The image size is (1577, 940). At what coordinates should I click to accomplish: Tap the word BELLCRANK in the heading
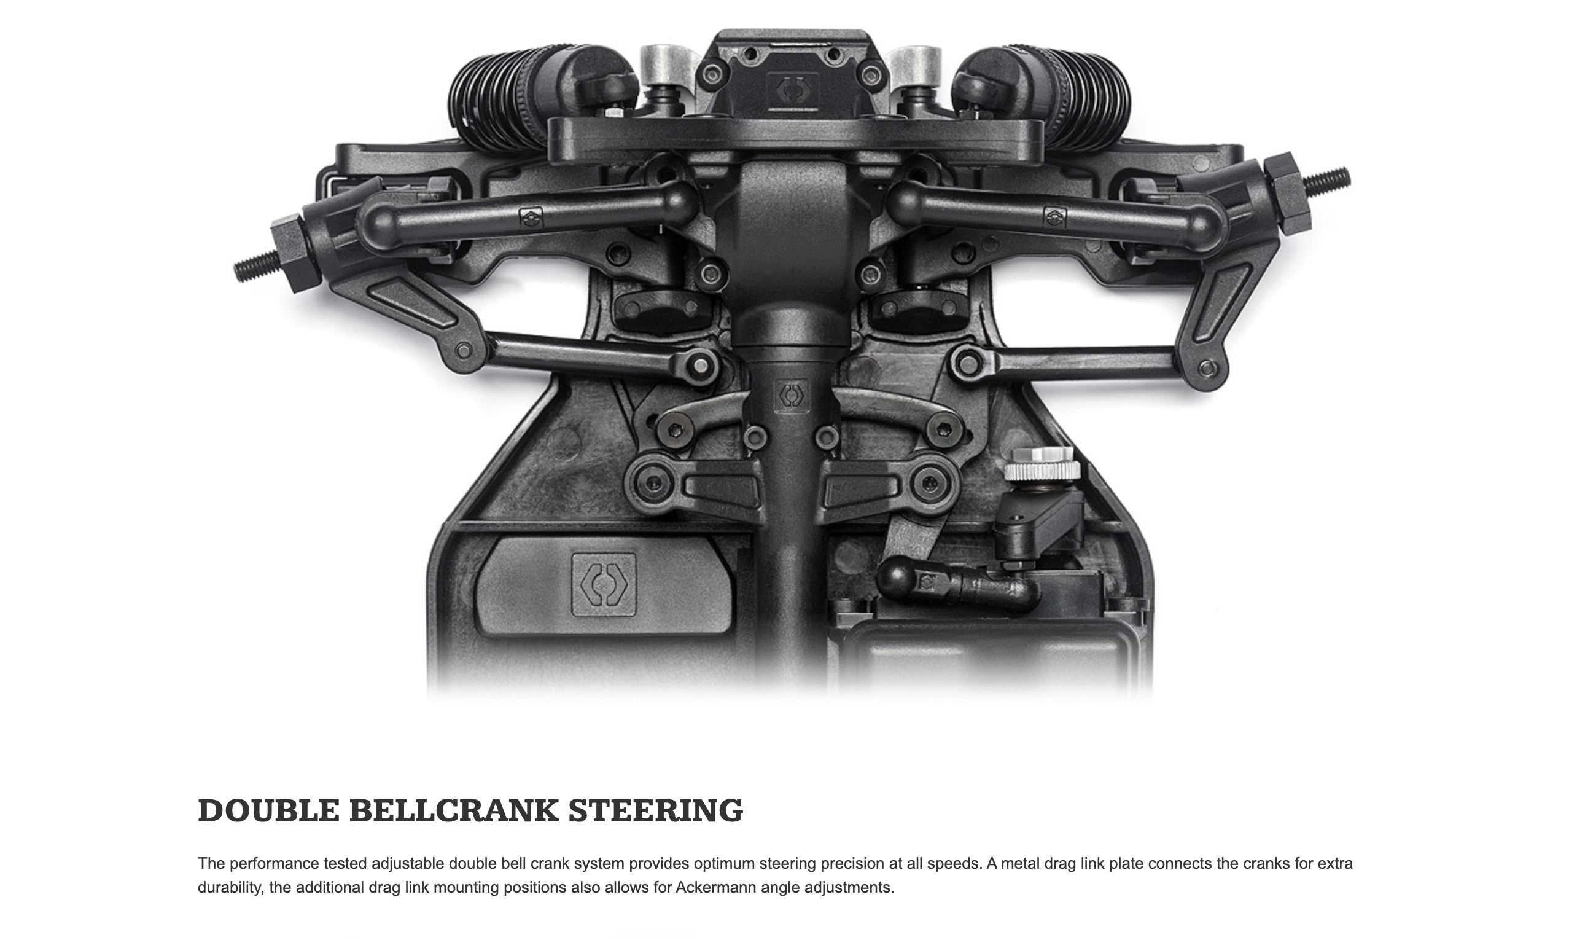pyautogui.click(x=453, y=811)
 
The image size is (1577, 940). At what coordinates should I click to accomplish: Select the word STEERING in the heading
pyautogui.click(x=655, y=811)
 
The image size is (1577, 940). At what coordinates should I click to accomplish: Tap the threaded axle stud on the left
pyautogui.click(x=255, y=265)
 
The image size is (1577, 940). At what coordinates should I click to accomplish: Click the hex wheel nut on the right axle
pyautogui.click(x=1288, y=193)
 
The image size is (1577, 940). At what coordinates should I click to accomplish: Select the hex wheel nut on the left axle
pyautogui.click(x=295, y=251)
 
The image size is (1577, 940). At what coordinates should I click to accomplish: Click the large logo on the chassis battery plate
pyautogui.click(x=603, y=585)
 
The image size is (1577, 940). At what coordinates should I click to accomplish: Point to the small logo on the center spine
pyautogui.click(x=792, y=396)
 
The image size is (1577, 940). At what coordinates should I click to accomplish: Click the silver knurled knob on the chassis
pyautogui.click(x=1042, y=464)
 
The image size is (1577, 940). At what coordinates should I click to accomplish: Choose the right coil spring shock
pyautogui.click(x=1077, y=95)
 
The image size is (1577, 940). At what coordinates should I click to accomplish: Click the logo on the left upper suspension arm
pyautogui.click(x=531, y=219)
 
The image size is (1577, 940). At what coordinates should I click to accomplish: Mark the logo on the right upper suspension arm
pyautogui.click(x=1054, y=218)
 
